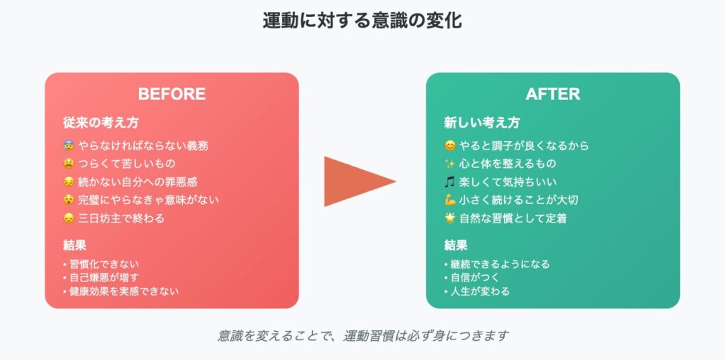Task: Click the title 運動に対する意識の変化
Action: [362, 21]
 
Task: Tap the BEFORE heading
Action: [172, 94]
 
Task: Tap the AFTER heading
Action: [553, 94]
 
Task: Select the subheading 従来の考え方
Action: [101, 123]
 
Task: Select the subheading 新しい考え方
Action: [482, 123]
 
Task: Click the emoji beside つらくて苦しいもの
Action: [69, 164]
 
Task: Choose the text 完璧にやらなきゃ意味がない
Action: [148, 200]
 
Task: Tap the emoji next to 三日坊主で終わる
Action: [69, 218]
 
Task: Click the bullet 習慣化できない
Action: [101, 264]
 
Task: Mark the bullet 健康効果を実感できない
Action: [121, 291]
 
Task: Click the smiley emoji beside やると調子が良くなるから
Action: [449, 146]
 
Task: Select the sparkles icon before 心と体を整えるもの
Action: [449, 164]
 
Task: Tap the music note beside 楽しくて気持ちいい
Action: [449, 182]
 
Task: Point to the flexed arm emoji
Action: [449, 200]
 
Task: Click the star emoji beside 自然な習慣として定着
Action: [449, 218]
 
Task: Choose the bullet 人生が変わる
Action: [477, 291]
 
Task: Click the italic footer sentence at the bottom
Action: [363, 335]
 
